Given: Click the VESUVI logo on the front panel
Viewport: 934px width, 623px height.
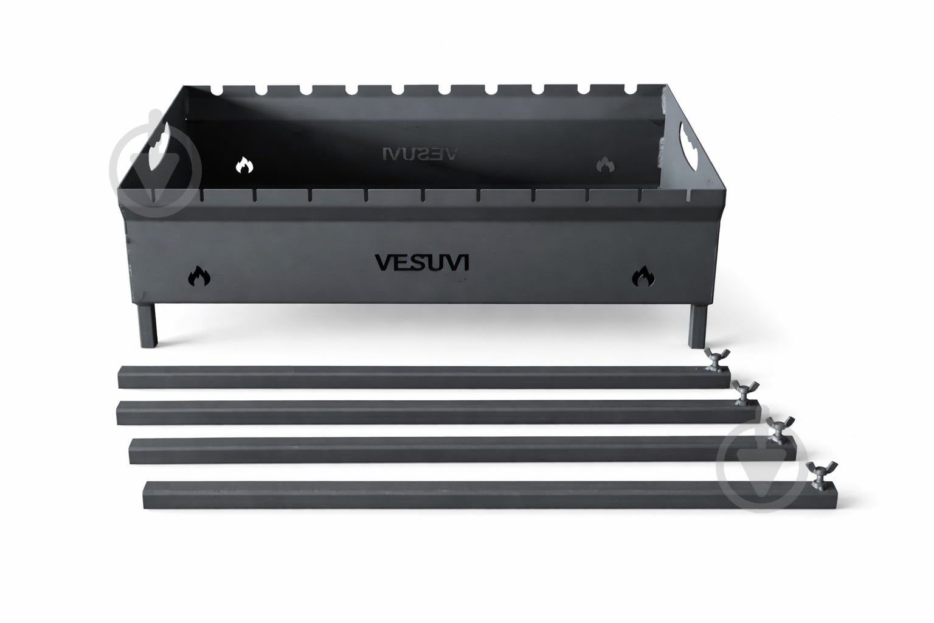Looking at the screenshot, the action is point(421,262).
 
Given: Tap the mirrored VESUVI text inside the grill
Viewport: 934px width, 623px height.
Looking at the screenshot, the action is point(420,154).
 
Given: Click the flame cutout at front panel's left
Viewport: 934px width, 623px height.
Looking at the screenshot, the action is point(199,276).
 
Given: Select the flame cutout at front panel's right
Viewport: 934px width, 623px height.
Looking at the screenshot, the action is point(643,276).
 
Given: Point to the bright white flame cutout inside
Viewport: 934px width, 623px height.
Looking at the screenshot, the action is point(244,165).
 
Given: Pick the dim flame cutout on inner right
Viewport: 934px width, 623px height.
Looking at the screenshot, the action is point(605,165).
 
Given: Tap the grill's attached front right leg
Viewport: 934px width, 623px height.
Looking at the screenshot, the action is point(697,326).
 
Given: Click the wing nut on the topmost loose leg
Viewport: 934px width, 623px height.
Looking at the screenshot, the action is point(717,360).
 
